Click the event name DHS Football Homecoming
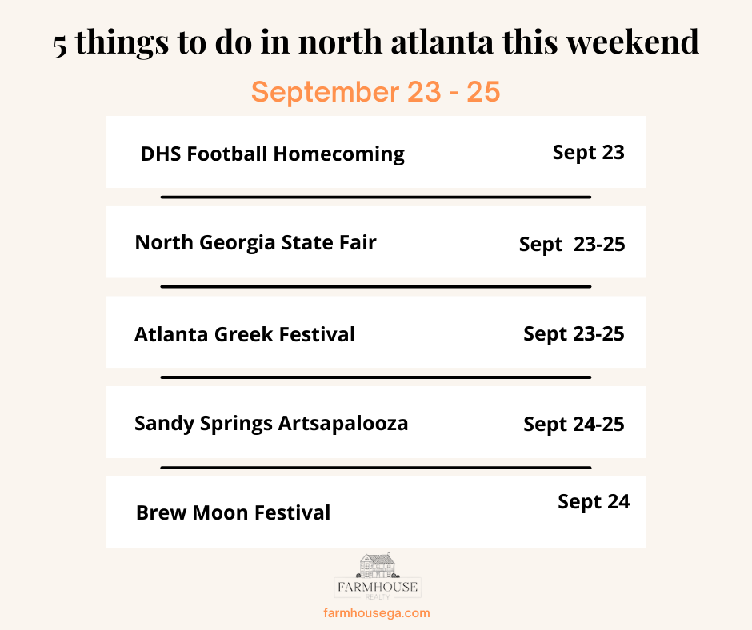click(273, 154)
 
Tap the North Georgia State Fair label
click(256, 243)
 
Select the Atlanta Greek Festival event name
click(245, 334)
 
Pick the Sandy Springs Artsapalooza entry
click(271, 424)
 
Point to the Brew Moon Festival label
click(233, 512)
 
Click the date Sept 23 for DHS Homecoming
click(589, 153)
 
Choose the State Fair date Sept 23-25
click(572, 245)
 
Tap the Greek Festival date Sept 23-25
click(574, 334)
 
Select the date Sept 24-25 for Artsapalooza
click(574, 425)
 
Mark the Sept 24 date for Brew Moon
click(594, 502)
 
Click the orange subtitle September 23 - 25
click(375, 92)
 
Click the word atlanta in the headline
click(442, 42)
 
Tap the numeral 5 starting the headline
click(60, 46)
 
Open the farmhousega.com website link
click(377, 612)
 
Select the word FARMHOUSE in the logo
click(378, 587)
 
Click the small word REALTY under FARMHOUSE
click(378, 597)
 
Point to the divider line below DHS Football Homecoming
click(375, 197)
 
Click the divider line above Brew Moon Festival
click(375, 468)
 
